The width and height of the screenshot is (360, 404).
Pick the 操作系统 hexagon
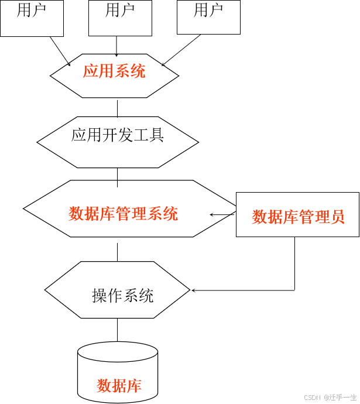118,290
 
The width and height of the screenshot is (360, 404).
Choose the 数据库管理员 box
297,214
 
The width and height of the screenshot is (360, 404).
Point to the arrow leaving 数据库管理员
222,215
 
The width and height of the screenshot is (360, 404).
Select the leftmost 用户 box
32,18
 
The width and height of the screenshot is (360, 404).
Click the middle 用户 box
120,18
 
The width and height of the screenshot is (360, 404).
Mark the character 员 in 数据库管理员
338,217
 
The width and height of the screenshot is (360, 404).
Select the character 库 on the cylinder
134,386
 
